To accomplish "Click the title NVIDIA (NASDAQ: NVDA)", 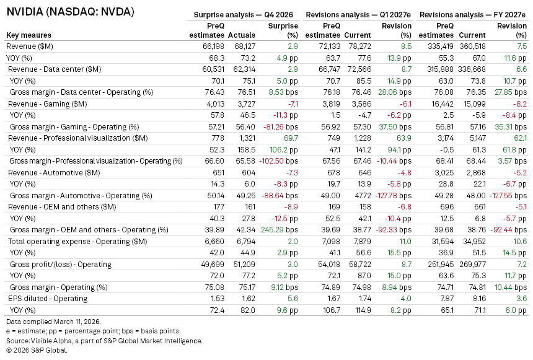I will pos(69,12).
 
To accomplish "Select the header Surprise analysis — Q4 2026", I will pos(245,14).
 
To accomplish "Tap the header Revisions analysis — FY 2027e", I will pos(474,14).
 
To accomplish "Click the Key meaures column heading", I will pos(29,35).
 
